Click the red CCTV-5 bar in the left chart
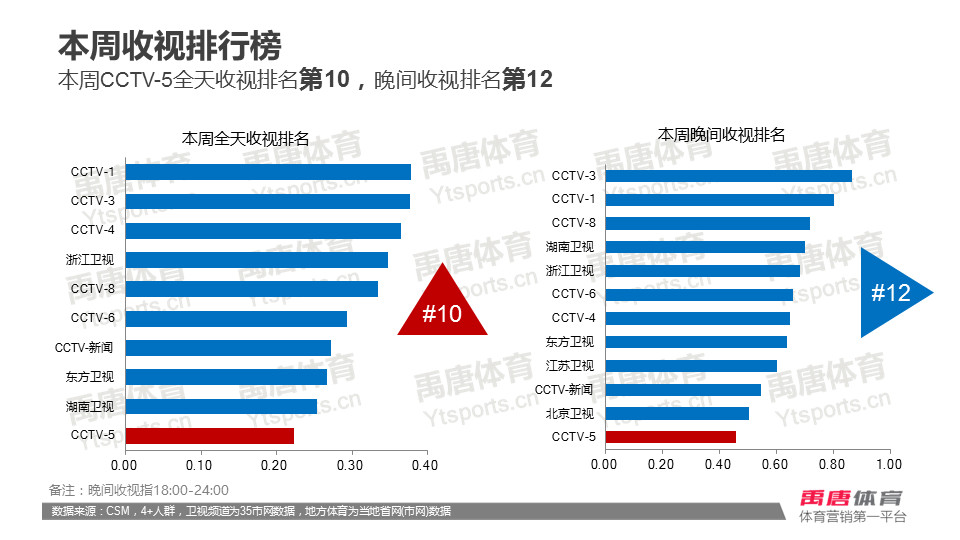click(x=209, y=436)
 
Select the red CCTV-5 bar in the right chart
click(x=670, y=437)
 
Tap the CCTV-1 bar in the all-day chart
click(x=268, y=172)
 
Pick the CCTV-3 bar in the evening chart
click(x=729, y=176)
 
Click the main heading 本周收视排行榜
click(x=169, y=46)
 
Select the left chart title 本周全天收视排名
click(x=245, y=139)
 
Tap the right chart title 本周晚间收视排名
click(x=721, y=134)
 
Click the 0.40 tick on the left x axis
click(x=427, y=465)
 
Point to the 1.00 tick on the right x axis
click(x=889, y=465)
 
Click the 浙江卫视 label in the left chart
click(x=90, y=260)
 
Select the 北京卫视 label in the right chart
click(x=570, y=413)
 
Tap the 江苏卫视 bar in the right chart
click(x=691, y=366)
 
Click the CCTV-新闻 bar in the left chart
click(x=228, y=348)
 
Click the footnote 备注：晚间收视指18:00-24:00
click(x=139, y=490)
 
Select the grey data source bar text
click(x=251, y=511)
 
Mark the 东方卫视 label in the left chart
click(x=90, y=377)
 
